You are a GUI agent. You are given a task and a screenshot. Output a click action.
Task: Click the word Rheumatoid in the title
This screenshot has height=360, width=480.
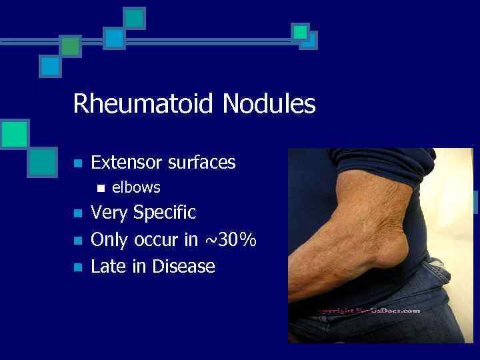144,104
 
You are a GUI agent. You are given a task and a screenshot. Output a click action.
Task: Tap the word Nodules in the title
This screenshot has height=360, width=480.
269,104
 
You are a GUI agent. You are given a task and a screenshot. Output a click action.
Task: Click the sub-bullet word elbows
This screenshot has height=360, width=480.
136,188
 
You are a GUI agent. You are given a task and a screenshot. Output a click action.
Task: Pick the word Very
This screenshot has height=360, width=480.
109,213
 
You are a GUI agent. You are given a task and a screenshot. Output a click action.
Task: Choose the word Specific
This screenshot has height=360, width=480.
165,213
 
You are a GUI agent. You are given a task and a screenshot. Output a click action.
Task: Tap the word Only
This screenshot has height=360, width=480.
110,240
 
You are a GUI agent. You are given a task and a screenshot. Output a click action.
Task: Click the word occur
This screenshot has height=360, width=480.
157,240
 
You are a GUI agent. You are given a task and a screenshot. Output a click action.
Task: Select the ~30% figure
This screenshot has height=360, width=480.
229,240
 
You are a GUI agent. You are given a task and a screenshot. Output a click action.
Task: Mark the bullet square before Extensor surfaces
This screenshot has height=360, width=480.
77,163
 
